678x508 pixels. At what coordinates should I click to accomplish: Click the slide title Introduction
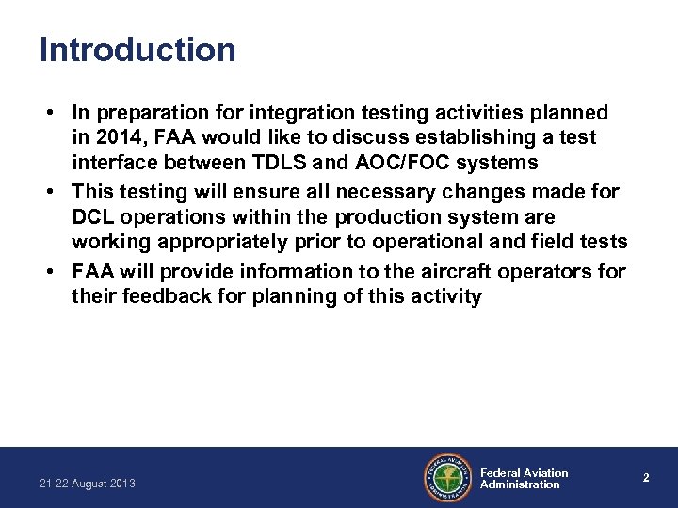(x=137, y=50)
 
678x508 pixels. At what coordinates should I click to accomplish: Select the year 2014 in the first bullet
(x=115, y=137)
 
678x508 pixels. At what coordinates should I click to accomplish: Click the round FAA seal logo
(x=448, y=479)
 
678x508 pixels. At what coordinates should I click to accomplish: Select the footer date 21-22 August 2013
(x=88, y=484)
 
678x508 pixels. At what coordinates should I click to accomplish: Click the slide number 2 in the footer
(x=646, y=478)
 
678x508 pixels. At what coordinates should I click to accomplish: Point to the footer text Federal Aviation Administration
(x=524, y=479)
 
